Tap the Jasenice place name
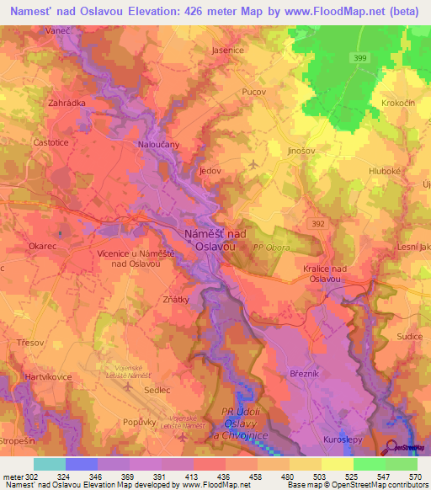tap(227, 51)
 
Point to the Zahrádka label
tap(67, 103)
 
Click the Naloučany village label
tap(159, 145)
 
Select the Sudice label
tap(410, 336)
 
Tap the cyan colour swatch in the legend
tap(49, 464)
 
